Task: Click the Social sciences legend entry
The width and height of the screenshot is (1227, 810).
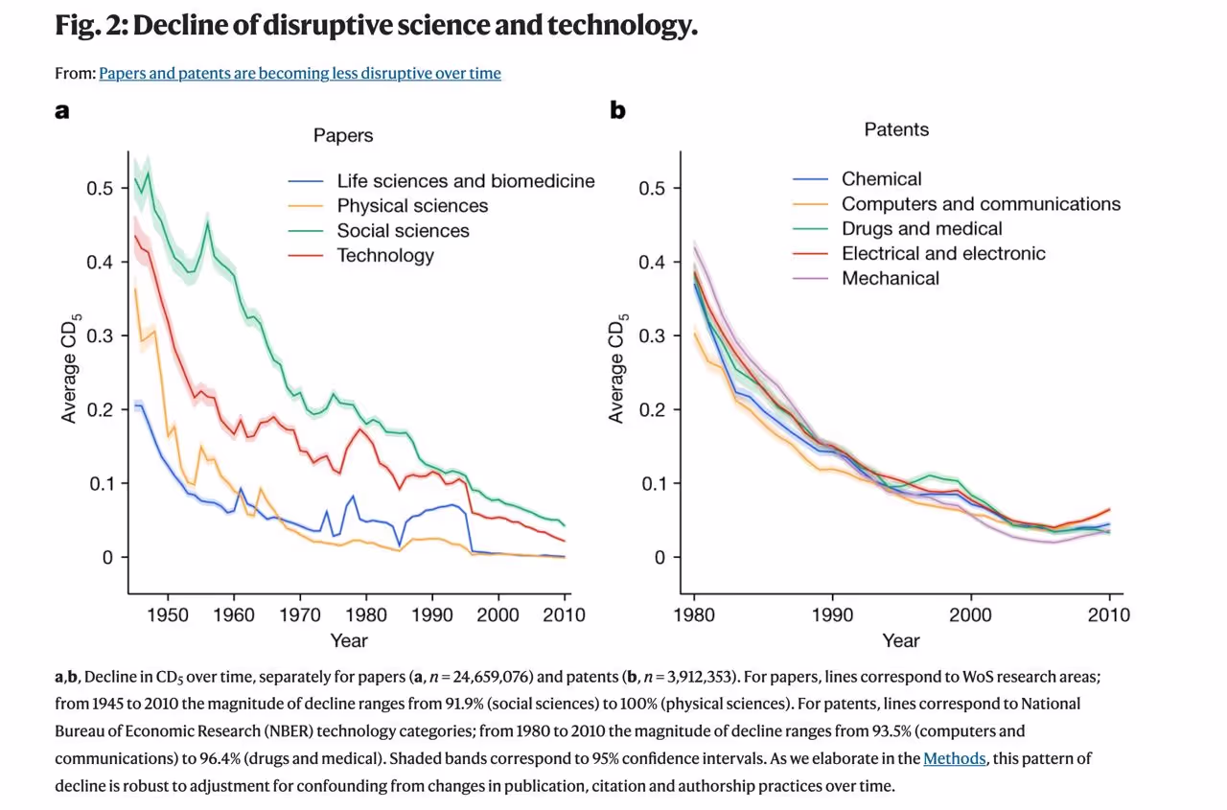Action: [x=403, y=231]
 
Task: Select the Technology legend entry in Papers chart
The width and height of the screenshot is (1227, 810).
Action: [x=385, y=256]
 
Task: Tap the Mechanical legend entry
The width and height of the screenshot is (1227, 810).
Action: [x=891, y=279]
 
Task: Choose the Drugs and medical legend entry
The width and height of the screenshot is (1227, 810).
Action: [x=921, y=229]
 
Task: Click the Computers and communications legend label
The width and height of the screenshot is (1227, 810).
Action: [x=981, y=204]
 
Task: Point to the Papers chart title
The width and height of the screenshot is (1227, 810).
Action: [x=343, y=136]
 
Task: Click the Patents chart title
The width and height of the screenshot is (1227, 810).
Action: [x=896, y=129]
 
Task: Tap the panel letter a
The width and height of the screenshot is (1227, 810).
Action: [x=62, y=111]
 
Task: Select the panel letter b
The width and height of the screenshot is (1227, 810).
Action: [x=618, y=111]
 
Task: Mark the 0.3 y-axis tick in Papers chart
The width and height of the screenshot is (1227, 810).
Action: [x=101, y=336]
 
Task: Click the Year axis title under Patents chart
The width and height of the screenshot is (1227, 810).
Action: [x=901, y=640]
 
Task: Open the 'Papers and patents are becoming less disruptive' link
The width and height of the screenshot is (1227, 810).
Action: [x=299, y=73]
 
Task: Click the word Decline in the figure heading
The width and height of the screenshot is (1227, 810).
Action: [x=182, y=26]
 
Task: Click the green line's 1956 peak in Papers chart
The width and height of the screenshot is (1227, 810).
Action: [x=207, y=223]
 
